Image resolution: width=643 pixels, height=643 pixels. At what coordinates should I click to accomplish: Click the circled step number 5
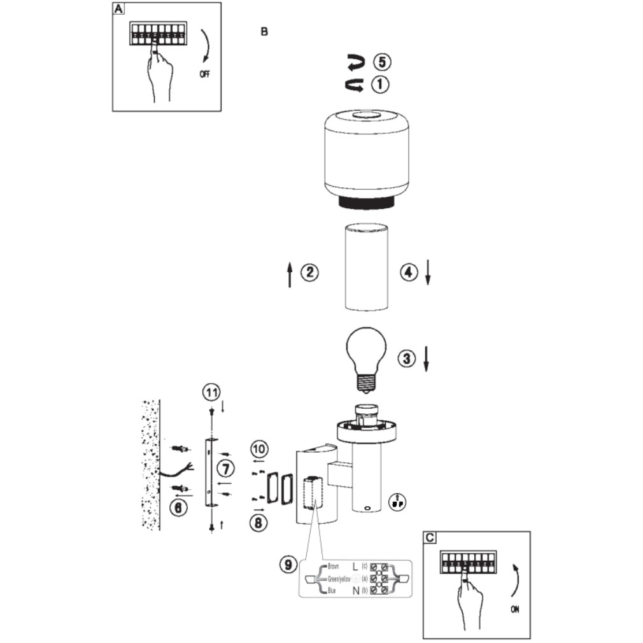[382, 62]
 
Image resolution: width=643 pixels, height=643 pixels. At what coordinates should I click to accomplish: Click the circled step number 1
[381, 84]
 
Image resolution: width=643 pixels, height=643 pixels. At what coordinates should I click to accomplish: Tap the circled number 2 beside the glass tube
[309, 273]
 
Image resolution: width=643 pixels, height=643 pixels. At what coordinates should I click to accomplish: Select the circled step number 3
[407, 358]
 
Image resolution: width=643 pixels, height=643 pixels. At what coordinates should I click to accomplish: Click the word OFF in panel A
[204, 74]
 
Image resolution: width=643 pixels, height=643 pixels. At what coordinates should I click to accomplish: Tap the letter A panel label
[118, 9]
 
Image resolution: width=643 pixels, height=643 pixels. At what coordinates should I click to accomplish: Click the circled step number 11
[211, 392]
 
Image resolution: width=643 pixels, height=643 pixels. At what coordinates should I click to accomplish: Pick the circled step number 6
[180, 507]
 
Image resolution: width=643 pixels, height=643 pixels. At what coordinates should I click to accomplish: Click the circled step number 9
[288, 563]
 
